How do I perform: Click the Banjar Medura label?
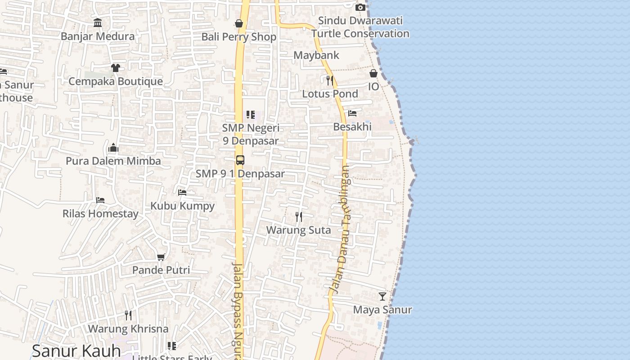coord(98,36)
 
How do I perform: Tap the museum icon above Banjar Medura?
coord(98,22)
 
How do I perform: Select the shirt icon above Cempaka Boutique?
coord(116,68)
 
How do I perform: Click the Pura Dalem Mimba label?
coord(113,161)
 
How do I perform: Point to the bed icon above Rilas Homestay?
coord(100,200)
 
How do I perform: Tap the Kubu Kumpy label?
coord(182,206)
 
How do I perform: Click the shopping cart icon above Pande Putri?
coord(161,257)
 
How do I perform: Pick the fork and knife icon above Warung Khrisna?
coord(128,315)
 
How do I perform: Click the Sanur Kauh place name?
coord(76,350)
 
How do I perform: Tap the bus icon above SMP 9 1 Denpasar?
coord(240,160)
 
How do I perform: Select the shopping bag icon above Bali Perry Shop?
coord(239,23)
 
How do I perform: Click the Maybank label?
coord(316,55)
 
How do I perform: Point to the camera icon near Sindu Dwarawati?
coord(360,8)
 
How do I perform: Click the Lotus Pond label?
coord(330,94)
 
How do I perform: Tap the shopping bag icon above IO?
coord(373,73)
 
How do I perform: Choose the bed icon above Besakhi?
coord(352,113)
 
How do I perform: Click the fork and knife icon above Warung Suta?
coord(298,217)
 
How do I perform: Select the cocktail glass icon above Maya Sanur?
coord(382,297)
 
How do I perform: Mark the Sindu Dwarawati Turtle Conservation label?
coord(360,27)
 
